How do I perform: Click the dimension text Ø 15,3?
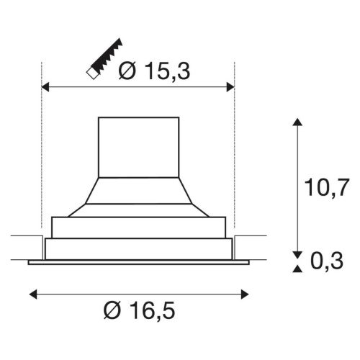click(x=154, y=71)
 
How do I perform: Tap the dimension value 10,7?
click(x=326, y=188)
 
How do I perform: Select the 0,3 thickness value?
click(x=327, y=261)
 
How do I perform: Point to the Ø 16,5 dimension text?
click(x=139, y=310)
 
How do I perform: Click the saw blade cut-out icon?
click(x=104, y=59)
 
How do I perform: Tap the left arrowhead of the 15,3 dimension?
click(x=45, y=87)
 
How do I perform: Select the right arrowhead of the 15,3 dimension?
click(x=230, y=87)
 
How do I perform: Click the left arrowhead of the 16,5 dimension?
click(x=33, y=294)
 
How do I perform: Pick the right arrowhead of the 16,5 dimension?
click(x=245, y=294)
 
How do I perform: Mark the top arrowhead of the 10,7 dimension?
click(x=297, y=122)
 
